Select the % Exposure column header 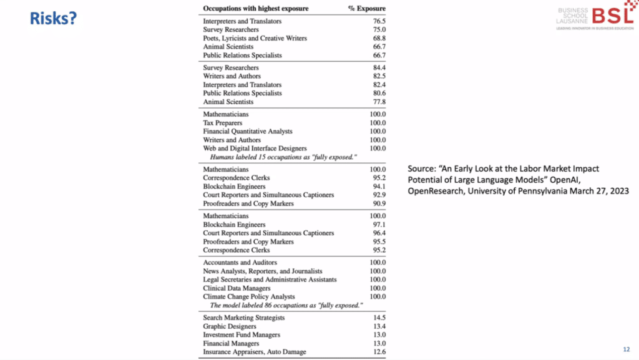coord(366,9)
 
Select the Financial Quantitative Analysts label coord(248,132)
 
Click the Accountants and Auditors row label coord(240,263)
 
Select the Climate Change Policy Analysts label coord(249,296)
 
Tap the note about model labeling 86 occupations coord(285,305)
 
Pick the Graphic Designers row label coord(230,326)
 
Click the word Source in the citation coord(421,168)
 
